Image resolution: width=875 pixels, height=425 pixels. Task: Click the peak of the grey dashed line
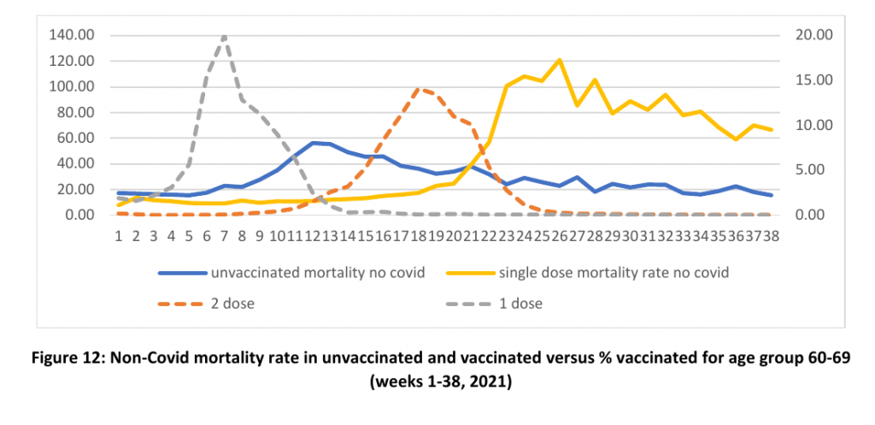pyautogui.click(x=225, y=37)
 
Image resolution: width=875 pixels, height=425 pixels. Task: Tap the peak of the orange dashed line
pyautogui.click(x=417, y=88)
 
